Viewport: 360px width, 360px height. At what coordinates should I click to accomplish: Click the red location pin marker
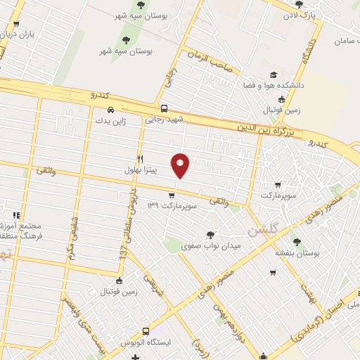click(181, 165)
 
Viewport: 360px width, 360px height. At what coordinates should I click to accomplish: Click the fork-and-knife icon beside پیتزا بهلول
click(141, 160)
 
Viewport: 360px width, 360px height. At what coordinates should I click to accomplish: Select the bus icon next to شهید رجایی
click(164, 109)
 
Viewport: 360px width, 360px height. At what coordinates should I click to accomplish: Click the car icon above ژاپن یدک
click(111, 110)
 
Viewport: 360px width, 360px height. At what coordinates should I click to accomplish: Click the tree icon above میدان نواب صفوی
click(210, 235)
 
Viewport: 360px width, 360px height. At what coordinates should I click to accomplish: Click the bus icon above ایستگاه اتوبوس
click(146, 330)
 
